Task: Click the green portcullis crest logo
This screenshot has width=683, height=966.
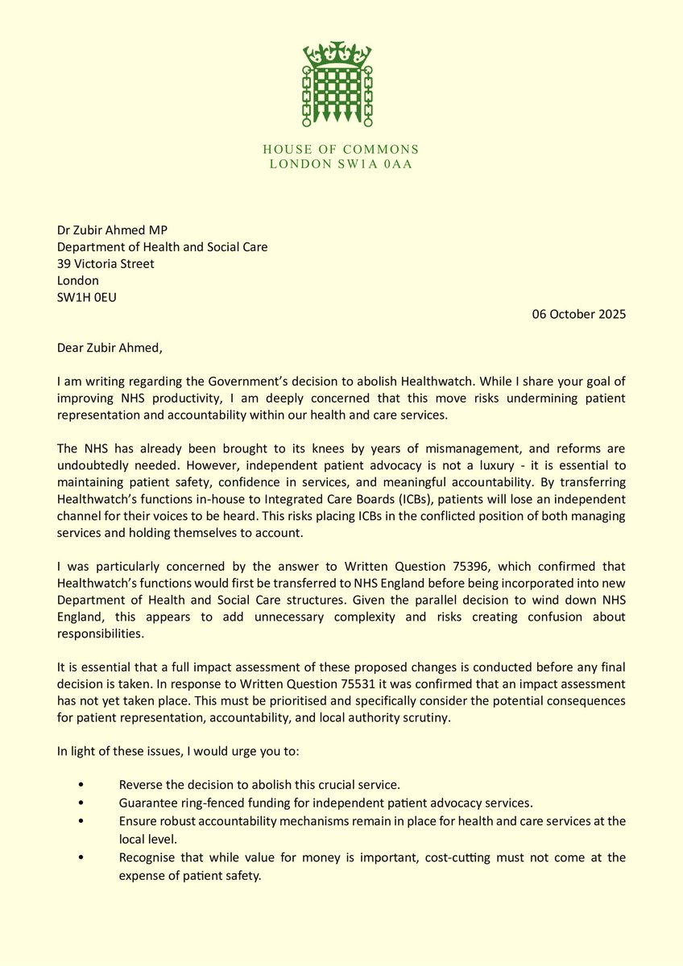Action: [337, 85]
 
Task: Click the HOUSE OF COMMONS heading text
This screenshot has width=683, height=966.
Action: [341, 150]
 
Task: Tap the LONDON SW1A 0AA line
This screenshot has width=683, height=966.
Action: [341, 165]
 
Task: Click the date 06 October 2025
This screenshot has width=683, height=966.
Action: [578, 315]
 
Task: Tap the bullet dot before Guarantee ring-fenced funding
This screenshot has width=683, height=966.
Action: [81, 803]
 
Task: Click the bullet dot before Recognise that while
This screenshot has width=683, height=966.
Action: [81, 858]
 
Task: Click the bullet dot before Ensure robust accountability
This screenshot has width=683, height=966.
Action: [81, 821]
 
